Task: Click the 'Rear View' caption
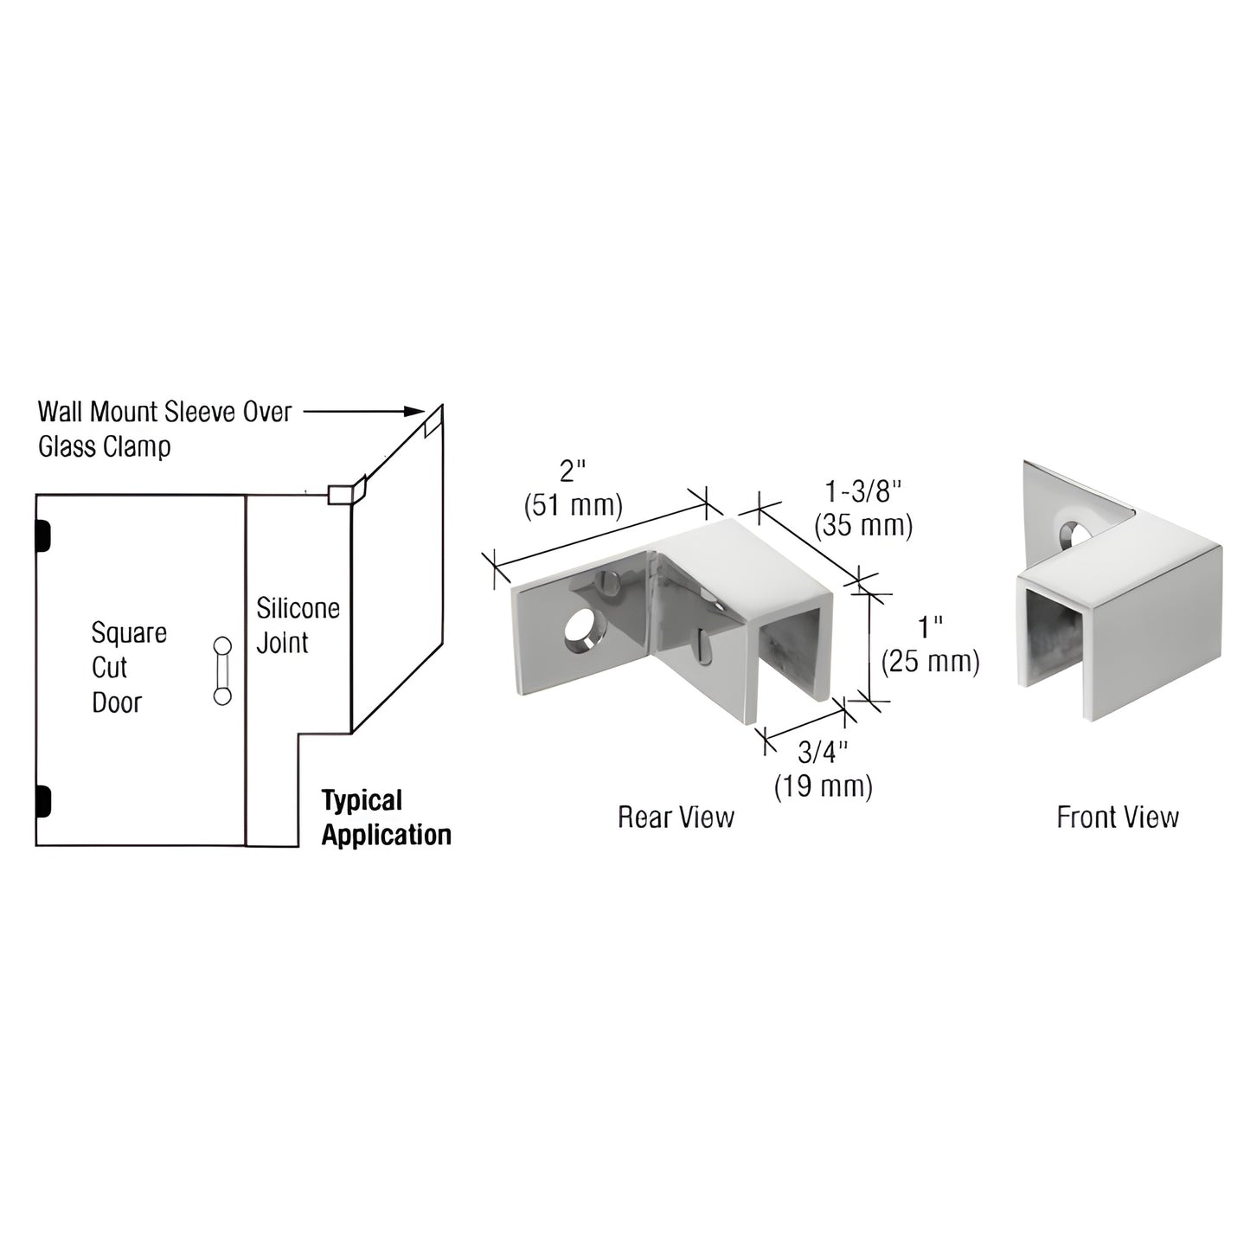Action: [x=676, y=817]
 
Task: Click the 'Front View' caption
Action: [x=1117, y=817]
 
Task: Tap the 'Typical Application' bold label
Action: [x=386, y=817]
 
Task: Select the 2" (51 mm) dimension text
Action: [x=573, y=489]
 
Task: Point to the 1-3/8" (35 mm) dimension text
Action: [x=863, y=509]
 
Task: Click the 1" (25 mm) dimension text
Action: [x=930, y=644]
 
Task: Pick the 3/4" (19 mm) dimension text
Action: [x=823, y=769]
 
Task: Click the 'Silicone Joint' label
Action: [x=298, y=625]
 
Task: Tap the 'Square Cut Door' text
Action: [x=129, y=667]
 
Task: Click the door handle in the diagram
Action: [x=223, y=670]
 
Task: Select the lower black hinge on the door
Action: [x=42, y=801]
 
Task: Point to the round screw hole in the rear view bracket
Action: [x=582, y=633]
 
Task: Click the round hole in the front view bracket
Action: [x=1074, y=532]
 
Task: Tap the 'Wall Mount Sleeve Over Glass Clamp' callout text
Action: [x=165, y=429]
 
